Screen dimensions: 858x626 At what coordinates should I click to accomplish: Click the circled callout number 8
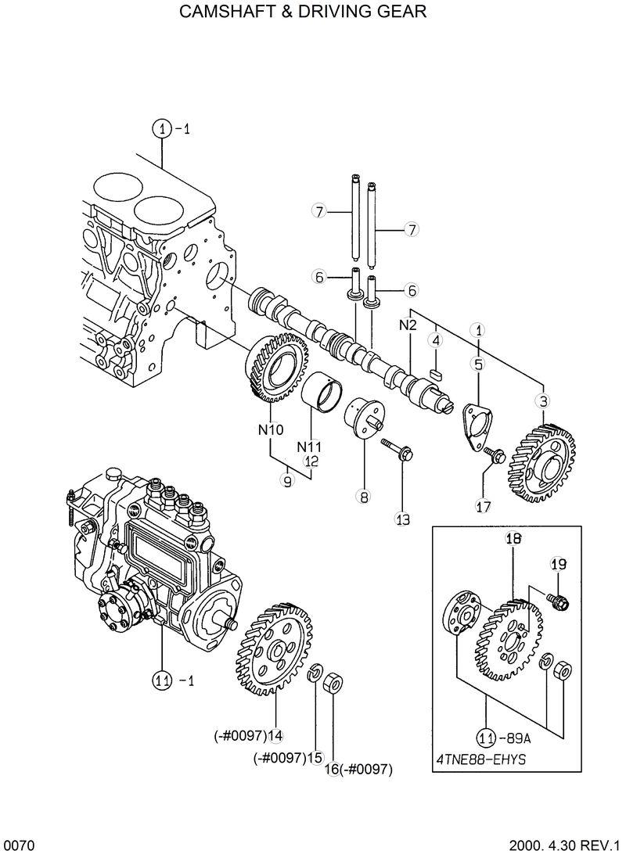click(x=364, y=495)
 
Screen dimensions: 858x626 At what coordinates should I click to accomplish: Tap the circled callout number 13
click(x=402, y=518)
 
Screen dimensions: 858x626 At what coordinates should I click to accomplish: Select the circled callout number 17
click(x=483, y=506)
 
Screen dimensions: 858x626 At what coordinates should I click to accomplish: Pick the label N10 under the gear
click(x=272, y=429)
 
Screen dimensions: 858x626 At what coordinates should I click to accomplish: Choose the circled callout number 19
click(x=558, y=564)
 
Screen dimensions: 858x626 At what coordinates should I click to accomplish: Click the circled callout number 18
click(x=513, y=537)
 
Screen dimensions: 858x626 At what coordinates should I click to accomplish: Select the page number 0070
click(x=16, y=845)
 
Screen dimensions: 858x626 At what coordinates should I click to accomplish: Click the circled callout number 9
click(x=287, y=482)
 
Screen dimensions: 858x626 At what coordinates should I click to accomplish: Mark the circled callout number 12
click(x=311, y=461)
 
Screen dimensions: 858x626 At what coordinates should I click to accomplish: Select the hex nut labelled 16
click(x=332, y=681)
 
